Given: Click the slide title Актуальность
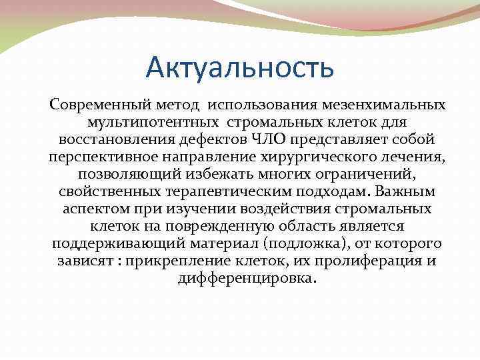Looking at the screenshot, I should pyautogui.click(x=239, y=68).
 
